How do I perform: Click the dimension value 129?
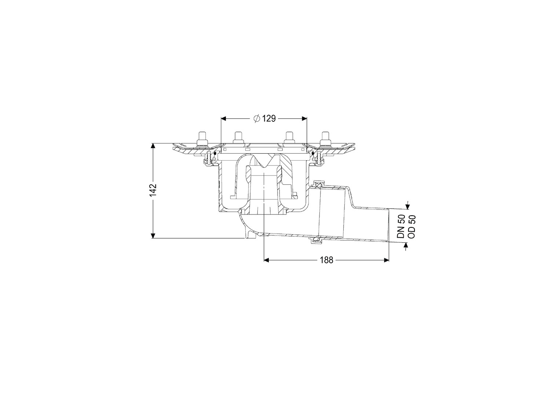(269, 118)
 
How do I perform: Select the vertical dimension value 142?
(153, 190)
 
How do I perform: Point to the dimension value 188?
(326, 260)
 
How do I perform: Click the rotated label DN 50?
(400, 227)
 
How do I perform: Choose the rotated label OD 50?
(411, 227)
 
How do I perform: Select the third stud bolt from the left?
(289, 138)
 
